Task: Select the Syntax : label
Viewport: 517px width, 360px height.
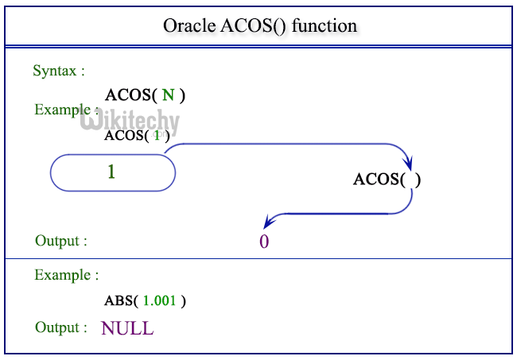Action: click(59, 71)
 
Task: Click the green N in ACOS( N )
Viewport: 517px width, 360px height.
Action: click(168, 95)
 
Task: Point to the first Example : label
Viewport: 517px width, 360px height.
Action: click(67, 110)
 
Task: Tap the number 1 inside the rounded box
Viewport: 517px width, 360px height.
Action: click(111, 171)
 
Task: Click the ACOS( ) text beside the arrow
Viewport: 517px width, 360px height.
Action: click(387, 179)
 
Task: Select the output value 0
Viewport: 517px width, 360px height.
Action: click(264, 242)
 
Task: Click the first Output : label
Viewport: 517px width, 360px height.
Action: click(61, 240)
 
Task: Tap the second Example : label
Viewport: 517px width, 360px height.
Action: click(67, 275)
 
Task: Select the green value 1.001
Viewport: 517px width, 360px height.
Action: click(160, 301)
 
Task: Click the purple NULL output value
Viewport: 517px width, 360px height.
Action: click(127, 327)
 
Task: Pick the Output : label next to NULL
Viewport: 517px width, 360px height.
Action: click(61, 327)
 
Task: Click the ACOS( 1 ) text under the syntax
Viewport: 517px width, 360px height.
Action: click(136, 135)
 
